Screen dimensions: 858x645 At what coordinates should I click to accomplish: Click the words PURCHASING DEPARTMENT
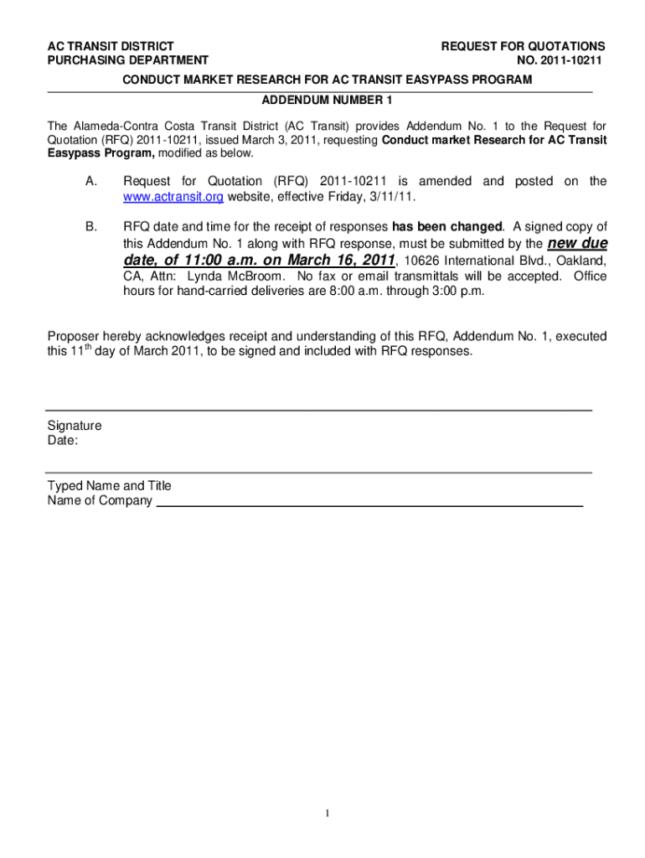tap(127, 60)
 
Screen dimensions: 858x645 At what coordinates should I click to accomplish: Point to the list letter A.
tap(91, 181)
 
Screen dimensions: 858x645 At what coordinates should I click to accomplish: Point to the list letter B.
tap(91, 226)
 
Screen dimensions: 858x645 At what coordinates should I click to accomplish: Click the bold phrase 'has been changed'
tap(447, 226)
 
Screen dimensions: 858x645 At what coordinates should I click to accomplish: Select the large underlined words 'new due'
tap(577, 243)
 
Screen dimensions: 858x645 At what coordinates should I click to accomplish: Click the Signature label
tap(75, 426)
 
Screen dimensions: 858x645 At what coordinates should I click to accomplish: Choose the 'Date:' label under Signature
tap(63, 440)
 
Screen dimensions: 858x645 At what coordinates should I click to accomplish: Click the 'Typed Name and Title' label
tap(109, 486)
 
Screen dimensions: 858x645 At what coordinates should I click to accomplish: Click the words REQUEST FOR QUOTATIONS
tap(524, 46)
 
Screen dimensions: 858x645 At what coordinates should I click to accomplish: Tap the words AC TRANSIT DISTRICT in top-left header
tap(111, 46)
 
